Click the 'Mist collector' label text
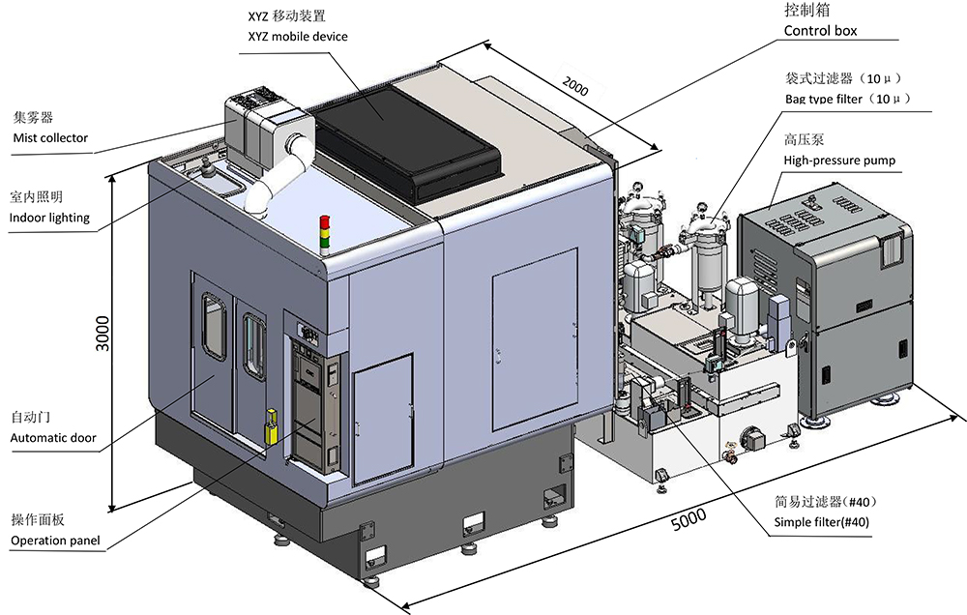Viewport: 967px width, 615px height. (x=50, y=138)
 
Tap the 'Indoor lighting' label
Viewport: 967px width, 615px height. (x=49, y=218)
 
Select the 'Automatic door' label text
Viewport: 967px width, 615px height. (x=53, y=438)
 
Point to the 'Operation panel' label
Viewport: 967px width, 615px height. (x=55, y=541)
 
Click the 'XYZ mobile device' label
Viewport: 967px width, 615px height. (x=298, y=37)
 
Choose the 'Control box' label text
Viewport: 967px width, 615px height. (x=820, y=31)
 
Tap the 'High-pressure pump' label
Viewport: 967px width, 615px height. (x=839, y=161)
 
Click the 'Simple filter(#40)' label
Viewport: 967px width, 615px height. (x=821, y=522)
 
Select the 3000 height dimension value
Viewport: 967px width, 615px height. (x=103, y=333)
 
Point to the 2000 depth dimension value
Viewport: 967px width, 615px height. (x=574, y=87)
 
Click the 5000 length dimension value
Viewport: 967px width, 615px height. (x=689, y=520)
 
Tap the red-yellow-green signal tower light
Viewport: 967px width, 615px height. (x=324, y=234)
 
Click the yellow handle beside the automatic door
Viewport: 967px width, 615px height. (x=271, y=425)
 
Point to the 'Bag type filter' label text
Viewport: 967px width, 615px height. (x=823, y=99)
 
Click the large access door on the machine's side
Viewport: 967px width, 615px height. (x=535, y=338)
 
